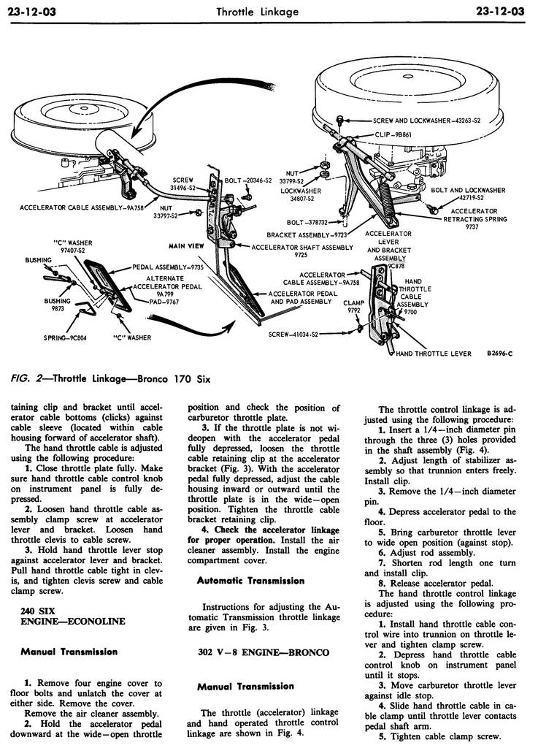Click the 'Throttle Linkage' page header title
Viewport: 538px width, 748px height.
tap(268, 11)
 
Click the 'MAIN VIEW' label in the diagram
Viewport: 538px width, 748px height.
tap(186, 246)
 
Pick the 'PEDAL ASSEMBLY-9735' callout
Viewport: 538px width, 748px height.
tap(167, 268)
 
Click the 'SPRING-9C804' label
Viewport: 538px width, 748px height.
tap(64, 338)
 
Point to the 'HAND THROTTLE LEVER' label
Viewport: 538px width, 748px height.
tap(434, 354)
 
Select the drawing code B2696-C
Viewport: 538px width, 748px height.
tap(499, 354)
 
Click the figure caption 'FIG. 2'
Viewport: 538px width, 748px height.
tap(30, 379)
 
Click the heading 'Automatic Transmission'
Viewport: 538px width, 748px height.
tap(250, 581)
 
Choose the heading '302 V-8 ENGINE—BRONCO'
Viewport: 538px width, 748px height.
tap(264, 652)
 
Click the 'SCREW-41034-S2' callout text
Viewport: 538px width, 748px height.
tap(293, 335)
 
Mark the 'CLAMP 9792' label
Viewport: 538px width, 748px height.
tap(354, 306)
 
